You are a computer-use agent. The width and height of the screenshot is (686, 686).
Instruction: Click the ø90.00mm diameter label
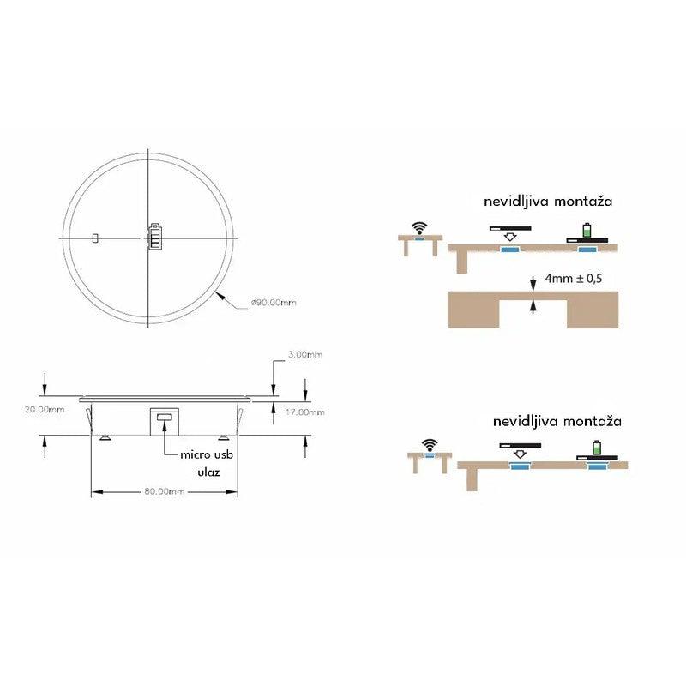coord(274,303)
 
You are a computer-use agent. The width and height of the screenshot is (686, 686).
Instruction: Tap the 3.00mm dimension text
coord(305,354)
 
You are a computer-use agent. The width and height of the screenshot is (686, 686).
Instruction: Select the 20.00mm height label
coord(45,410)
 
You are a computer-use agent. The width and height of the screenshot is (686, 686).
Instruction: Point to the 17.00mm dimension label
coord(305,412)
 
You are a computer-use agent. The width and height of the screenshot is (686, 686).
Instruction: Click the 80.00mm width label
coord(165,491)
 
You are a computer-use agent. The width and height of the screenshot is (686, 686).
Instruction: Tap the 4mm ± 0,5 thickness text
coord(574,278)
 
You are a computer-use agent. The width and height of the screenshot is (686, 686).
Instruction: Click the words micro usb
coord(207,454)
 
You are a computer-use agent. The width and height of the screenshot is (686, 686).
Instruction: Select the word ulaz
coord(208,472)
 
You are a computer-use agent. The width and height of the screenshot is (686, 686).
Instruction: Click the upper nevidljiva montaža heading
coord(548,202)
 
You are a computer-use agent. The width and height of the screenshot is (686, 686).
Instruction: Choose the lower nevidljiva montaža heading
coord(557,421)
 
